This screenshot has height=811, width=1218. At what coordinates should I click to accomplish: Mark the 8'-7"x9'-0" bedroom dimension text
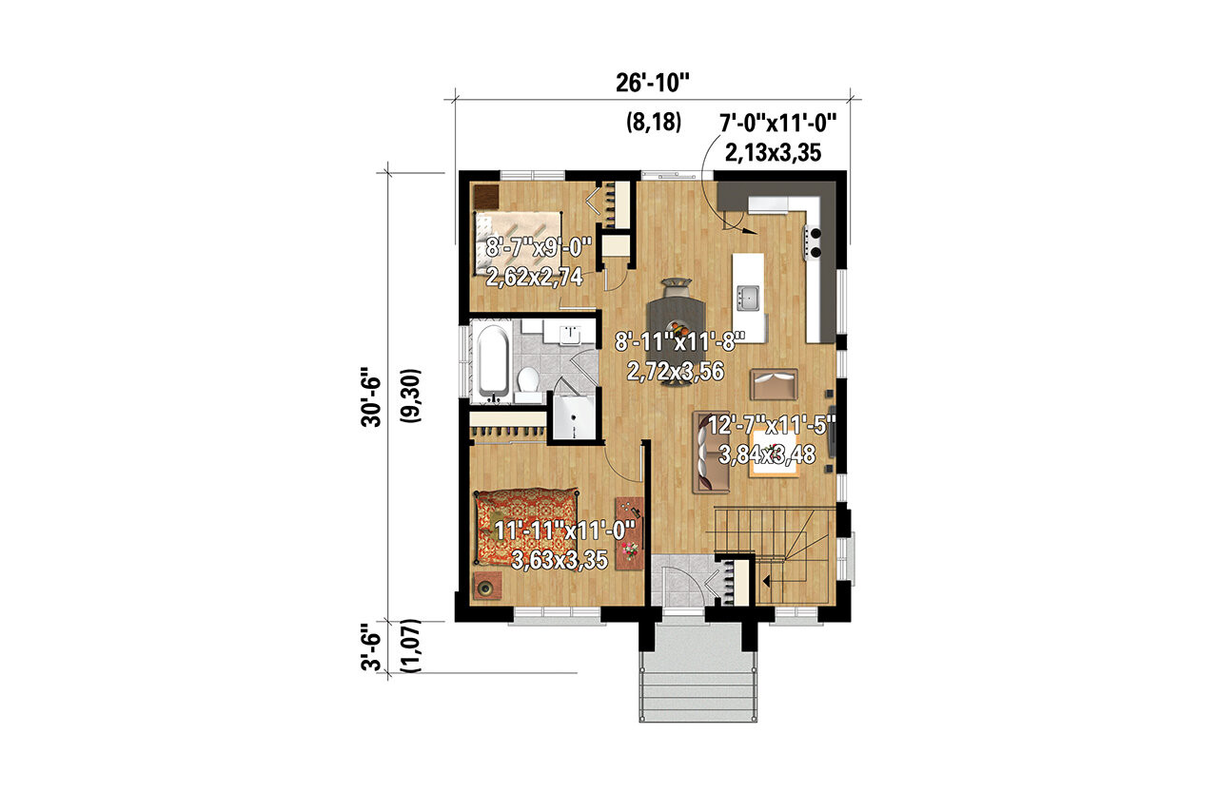[538, 249]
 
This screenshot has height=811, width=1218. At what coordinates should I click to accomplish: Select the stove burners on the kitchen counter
[815, 242]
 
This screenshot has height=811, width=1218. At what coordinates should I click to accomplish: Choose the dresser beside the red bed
[628, 533]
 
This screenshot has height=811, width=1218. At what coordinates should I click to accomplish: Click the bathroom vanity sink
[572, 334]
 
